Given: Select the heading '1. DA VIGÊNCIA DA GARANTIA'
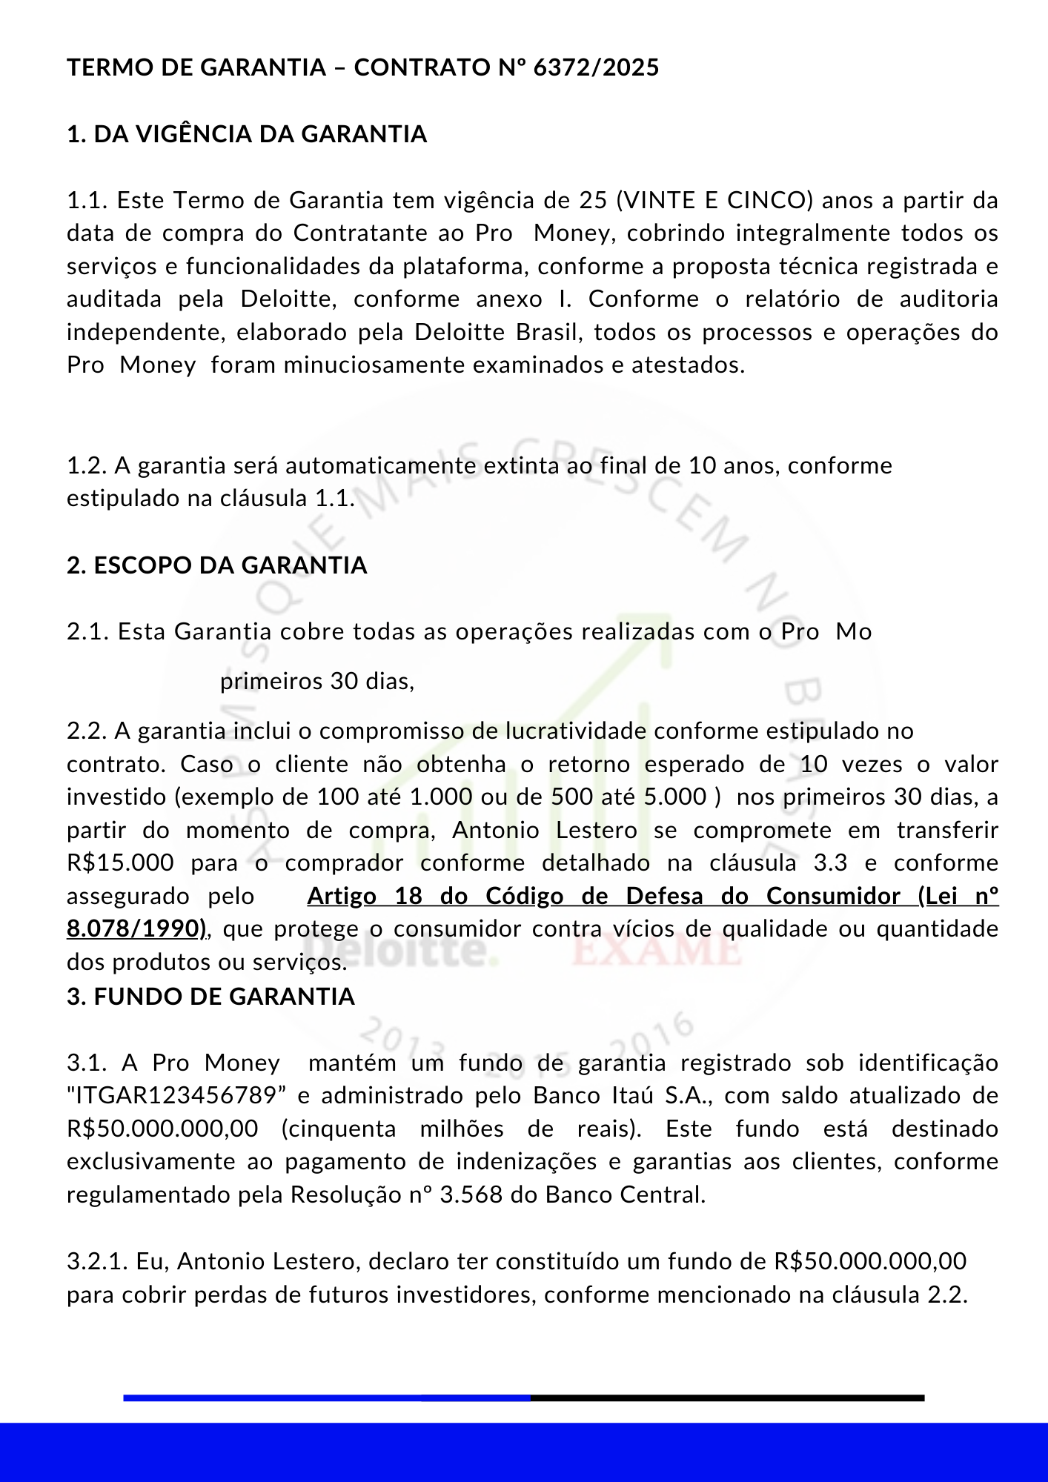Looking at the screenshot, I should point(247,134).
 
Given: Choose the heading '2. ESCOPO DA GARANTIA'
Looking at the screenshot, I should point(217,565).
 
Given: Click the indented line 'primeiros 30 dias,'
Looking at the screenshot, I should point(317,681).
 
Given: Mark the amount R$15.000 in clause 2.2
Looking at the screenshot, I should point(120,863).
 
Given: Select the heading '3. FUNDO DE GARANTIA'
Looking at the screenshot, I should point(211,997).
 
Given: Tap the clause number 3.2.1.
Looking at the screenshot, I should point(97,1261).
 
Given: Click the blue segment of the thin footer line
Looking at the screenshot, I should point(326,1398).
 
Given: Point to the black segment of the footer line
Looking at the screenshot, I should point(726,1398).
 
